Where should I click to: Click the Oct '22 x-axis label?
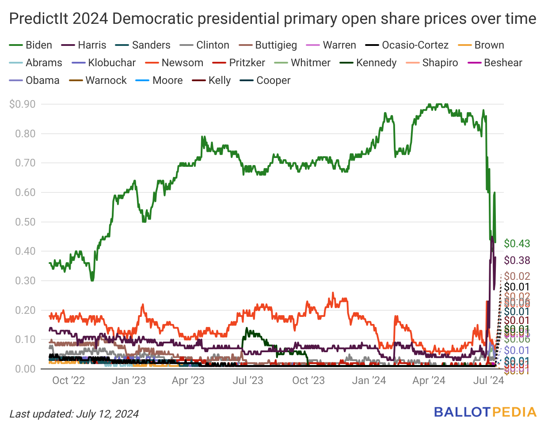[68, 380]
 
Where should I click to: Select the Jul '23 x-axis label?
[248, 380]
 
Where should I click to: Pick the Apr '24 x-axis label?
[429, 380]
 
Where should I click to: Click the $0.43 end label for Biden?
[517, 244]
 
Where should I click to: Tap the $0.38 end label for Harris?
[517, 260]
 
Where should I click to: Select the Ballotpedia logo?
[485, 412]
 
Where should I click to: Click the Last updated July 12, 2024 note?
[74, 414]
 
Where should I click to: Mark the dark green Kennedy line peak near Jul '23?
[247, 329]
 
